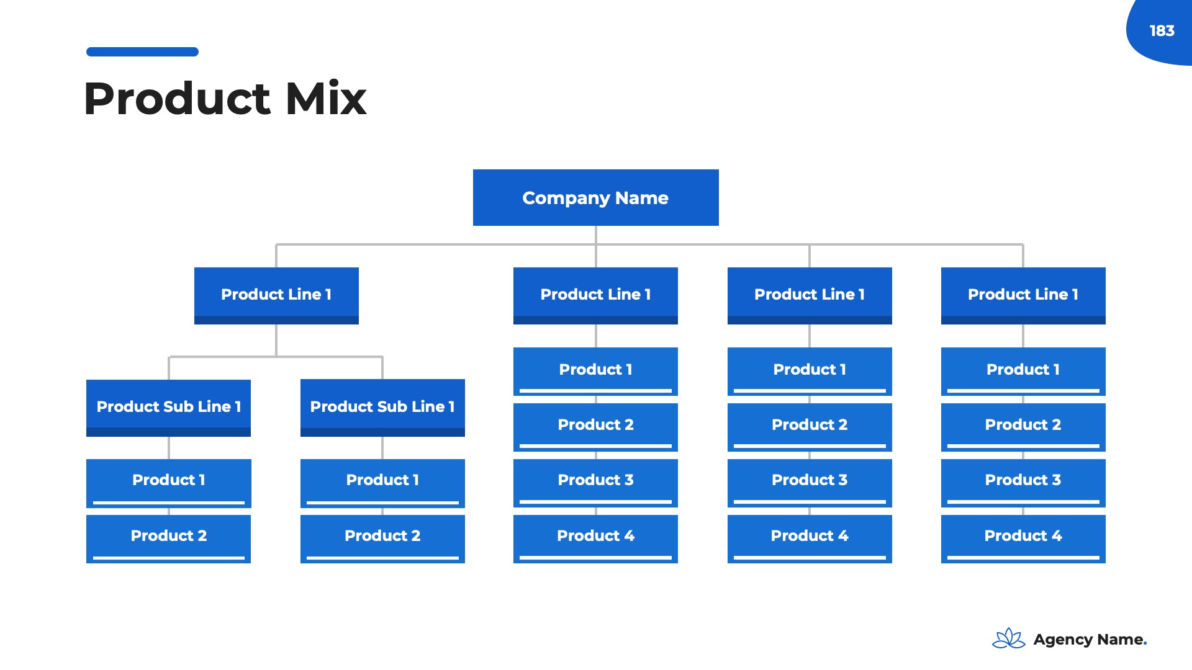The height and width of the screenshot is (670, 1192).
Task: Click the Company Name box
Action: (x=595, y=197)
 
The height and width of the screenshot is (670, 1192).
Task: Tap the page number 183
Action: (x=1162, y=30)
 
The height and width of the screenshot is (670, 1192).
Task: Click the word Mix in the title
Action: (x=326, y=99)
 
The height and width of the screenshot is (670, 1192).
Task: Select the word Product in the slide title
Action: (x=178, y=99)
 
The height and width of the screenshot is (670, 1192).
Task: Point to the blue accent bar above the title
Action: (x=142, y=51)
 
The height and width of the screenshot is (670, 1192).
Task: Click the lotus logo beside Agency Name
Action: (x=1008, y=638)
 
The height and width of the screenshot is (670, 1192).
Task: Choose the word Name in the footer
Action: (x=1120, y=639)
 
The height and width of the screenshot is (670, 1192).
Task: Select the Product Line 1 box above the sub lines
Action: (x=276, y=295)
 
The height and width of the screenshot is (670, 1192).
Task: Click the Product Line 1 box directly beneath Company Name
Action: (x=595, y=295)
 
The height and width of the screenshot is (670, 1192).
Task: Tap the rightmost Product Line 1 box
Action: (x=1023, y=295)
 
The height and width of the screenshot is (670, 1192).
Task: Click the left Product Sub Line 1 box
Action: (x=168, y=407)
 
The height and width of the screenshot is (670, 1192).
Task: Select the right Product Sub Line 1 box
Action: (x=382, y=407)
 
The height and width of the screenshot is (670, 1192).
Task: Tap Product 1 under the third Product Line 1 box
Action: (x=810, y=370)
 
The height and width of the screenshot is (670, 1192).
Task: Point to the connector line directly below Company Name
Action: (x=596, y=235)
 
